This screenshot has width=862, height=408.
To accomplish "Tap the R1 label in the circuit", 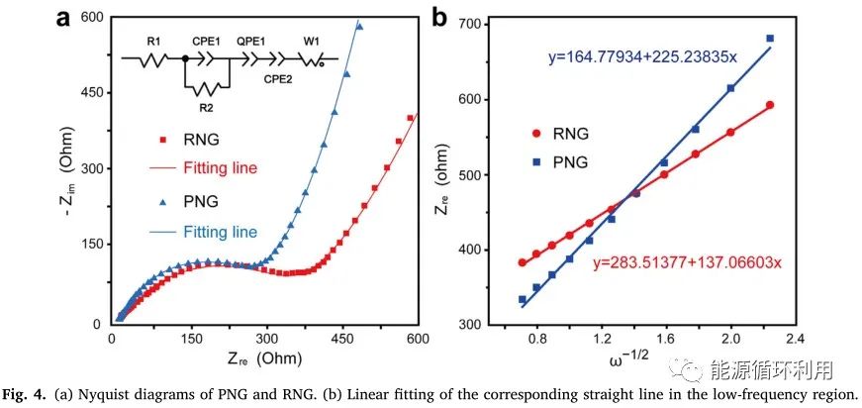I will click(153, 41).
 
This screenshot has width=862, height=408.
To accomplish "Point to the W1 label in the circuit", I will click(311, 41).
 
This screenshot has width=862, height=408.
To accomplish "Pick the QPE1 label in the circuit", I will click(253, 41).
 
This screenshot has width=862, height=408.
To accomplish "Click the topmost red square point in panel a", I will click(410, 118).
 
